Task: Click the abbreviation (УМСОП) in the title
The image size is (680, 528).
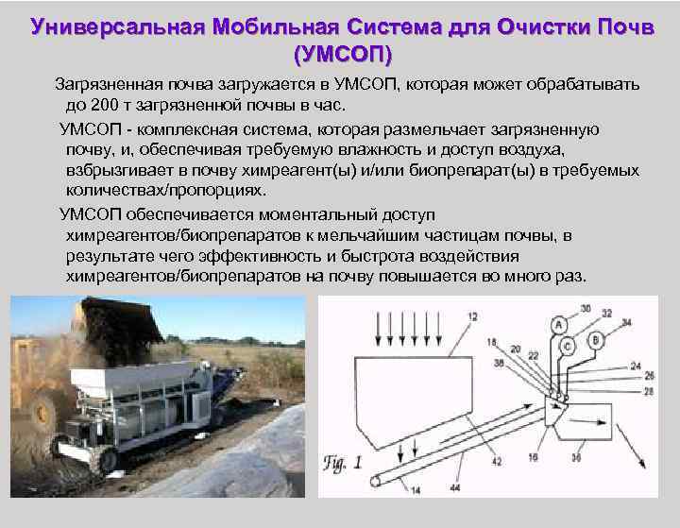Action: [x=342, y=48]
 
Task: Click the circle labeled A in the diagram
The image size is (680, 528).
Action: [x=559, y=324]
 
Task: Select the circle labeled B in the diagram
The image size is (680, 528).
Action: [x=595, y=339]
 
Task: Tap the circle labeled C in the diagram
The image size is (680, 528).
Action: [x=569, y=347]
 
